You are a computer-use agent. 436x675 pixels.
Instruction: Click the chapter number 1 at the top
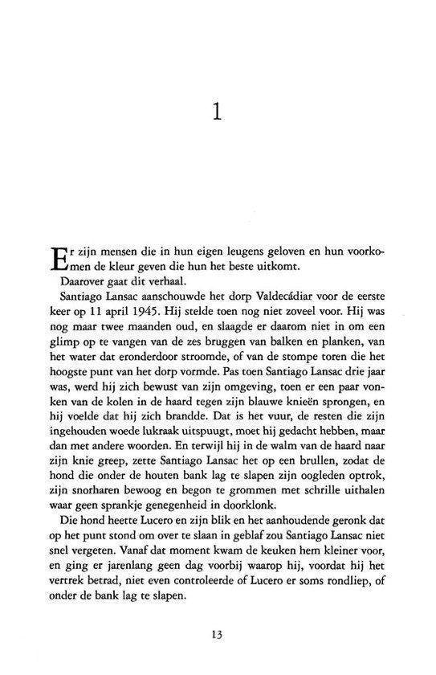pos(217,112)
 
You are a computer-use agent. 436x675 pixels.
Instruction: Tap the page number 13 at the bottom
pos(217,634)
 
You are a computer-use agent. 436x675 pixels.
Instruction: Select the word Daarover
pos(82,282)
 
